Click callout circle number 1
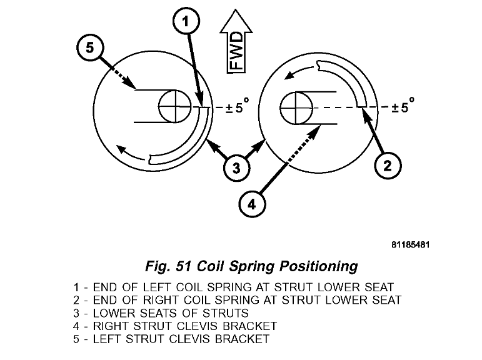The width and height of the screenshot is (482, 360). click(x=186, y=22)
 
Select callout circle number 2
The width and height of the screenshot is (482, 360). click(x=387, y=165)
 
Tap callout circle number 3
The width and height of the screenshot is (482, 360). click(x=236, y=167)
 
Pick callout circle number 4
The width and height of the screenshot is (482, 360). click(x=251, y=203)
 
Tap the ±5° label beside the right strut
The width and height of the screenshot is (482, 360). click(x=403, y=107)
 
